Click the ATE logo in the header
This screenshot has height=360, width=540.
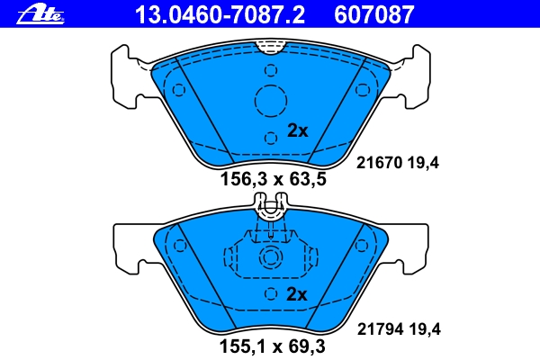click(40, 15)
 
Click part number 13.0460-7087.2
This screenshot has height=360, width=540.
click(220, 14)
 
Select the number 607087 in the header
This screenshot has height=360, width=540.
click(373, 14)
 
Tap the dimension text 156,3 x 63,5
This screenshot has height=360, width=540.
click(273, 179)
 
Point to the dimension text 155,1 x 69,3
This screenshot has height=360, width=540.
click(273, 346)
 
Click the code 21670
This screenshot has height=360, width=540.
click(379, 163)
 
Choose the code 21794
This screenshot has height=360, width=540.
click(380, 329)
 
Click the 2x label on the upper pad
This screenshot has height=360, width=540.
click(298, 130)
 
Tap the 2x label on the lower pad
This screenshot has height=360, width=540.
click(296, 294)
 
